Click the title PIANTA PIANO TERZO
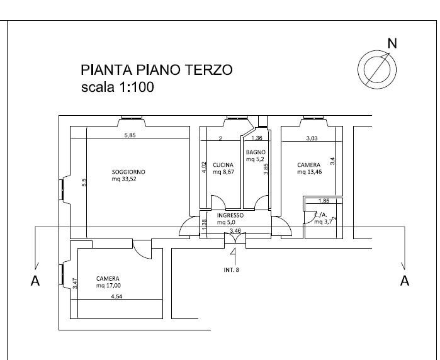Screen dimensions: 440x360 [x=157, y=70]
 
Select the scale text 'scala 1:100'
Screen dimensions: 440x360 [x=117, y=87]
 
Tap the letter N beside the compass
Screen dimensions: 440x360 [x=392, y=43]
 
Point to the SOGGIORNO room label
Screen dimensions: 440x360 [x=128, y=172]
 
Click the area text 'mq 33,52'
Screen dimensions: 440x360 [x=124, y=179]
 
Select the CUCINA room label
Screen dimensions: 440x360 [x=223, y=165]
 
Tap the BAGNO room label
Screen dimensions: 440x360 [x=256, y=152]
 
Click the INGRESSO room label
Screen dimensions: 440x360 [x=230, y=215]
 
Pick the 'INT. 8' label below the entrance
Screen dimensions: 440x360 [x=232, y=270]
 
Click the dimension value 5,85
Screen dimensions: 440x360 [x=130, y=135]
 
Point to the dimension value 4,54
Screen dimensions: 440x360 [x=116, y=296]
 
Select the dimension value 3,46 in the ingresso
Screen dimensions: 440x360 [x=235, y=231]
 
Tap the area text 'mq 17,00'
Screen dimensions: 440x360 [x=108, y=286]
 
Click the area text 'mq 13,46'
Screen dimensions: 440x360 [x=310, y=172]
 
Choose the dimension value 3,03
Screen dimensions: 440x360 [x=312, y=138]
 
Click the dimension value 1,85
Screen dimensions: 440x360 [x=324, y=201]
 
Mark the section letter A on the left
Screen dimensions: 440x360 [x=35, y=281]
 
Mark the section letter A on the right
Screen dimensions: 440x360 [x=405, y=281]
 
